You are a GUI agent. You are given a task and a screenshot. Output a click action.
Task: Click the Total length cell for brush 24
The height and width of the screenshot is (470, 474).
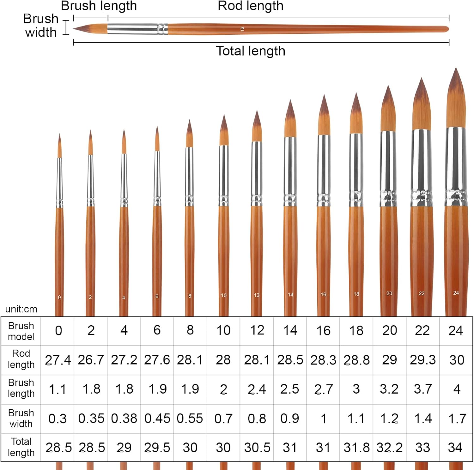point(455,447)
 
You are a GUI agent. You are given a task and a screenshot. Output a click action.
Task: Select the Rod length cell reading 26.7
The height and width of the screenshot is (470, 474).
point(91,360)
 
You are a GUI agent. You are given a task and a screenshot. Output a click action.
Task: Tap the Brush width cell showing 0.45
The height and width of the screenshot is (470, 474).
point(157,419)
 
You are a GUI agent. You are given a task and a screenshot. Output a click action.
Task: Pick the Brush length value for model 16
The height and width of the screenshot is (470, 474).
point(323,389)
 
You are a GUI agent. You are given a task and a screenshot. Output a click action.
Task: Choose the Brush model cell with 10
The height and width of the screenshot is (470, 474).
point(223,330)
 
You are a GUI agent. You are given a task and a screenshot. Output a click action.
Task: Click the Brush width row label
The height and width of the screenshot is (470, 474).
point(21,418)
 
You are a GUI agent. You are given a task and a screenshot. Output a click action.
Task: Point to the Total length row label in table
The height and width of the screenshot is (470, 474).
point(21,447)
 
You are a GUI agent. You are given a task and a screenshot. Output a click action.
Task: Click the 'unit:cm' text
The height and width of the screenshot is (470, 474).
point(21,309)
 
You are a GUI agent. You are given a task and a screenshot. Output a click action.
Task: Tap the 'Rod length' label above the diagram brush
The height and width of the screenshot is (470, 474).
point(251,6)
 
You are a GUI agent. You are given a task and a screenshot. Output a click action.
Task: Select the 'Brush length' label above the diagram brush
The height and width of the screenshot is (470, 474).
point(99,6)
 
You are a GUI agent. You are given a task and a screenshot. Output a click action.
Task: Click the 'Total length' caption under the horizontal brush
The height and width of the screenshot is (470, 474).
point(251,51)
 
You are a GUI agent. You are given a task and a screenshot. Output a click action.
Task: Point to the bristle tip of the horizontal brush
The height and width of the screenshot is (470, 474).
point(74,29)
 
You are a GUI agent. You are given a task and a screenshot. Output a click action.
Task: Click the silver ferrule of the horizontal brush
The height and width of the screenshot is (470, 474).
point(137,29)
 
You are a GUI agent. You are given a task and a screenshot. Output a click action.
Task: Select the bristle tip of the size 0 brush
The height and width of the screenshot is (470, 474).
point(59,134)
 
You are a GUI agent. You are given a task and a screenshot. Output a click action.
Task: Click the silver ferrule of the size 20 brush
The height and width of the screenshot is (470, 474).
point(388,169)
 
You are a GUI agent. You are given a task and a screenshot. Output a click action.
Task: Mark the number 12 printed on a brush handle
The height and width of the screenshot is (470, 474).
point(257,295)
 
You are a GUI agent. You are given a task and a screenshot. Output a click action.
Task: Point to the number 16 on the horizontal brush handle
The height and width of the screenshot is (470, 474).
point(242,29)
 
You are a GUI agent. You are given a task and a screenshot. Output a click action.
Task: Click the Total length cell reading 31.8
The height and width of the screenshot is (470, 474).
point(356,447)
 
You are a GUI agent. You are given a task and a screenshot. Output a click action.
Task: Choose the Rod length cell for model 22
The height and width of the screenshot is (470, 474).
point(422,360)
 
